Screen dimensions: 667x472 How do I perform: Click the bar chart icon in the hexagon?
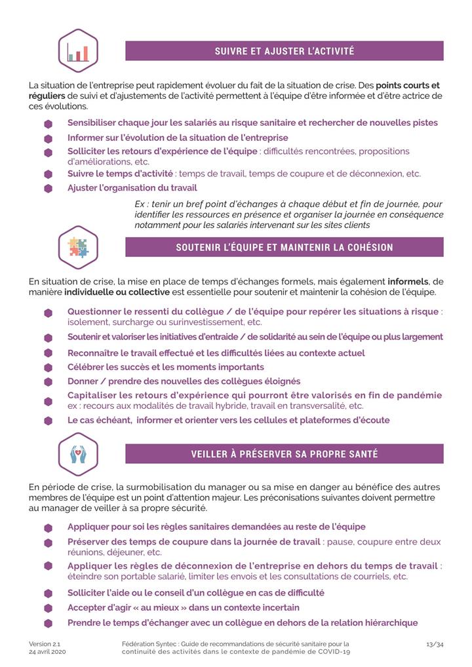pos(77,51)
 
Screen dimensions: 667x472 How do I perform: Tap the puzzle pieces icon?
pos(77,248)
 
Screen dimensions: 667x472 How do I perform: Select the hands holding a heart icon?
pos(77,453)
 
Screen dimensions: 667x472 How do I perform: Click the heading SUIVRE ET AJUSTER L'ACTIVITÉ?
pos(285,51)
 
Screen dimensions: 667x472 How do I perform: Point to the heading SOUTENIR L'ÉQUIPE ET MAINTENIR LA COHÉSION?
pos(285,248)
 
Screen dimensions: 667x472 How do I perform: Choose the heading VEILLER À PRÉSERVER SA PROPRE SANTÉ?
pos(285,453)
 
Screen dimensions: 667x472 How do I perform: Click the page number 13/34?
pos(434,644)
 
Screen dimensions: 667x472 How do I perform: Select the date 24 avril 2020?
pos(47,653)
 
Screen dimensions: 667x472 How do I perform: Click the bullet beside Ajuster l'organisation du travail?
pos(48,188)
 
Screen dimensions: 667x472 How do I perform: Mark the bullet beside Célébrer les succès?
pos(48,368)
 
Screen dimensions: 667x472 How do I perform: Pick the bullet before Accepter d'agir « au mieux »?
pos(48,608)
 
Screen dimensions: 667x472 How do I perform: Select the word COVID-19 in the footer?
pos(332,653)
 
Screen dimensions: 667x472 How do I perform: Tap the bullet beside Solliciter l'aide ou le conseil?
pos(48,594)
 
